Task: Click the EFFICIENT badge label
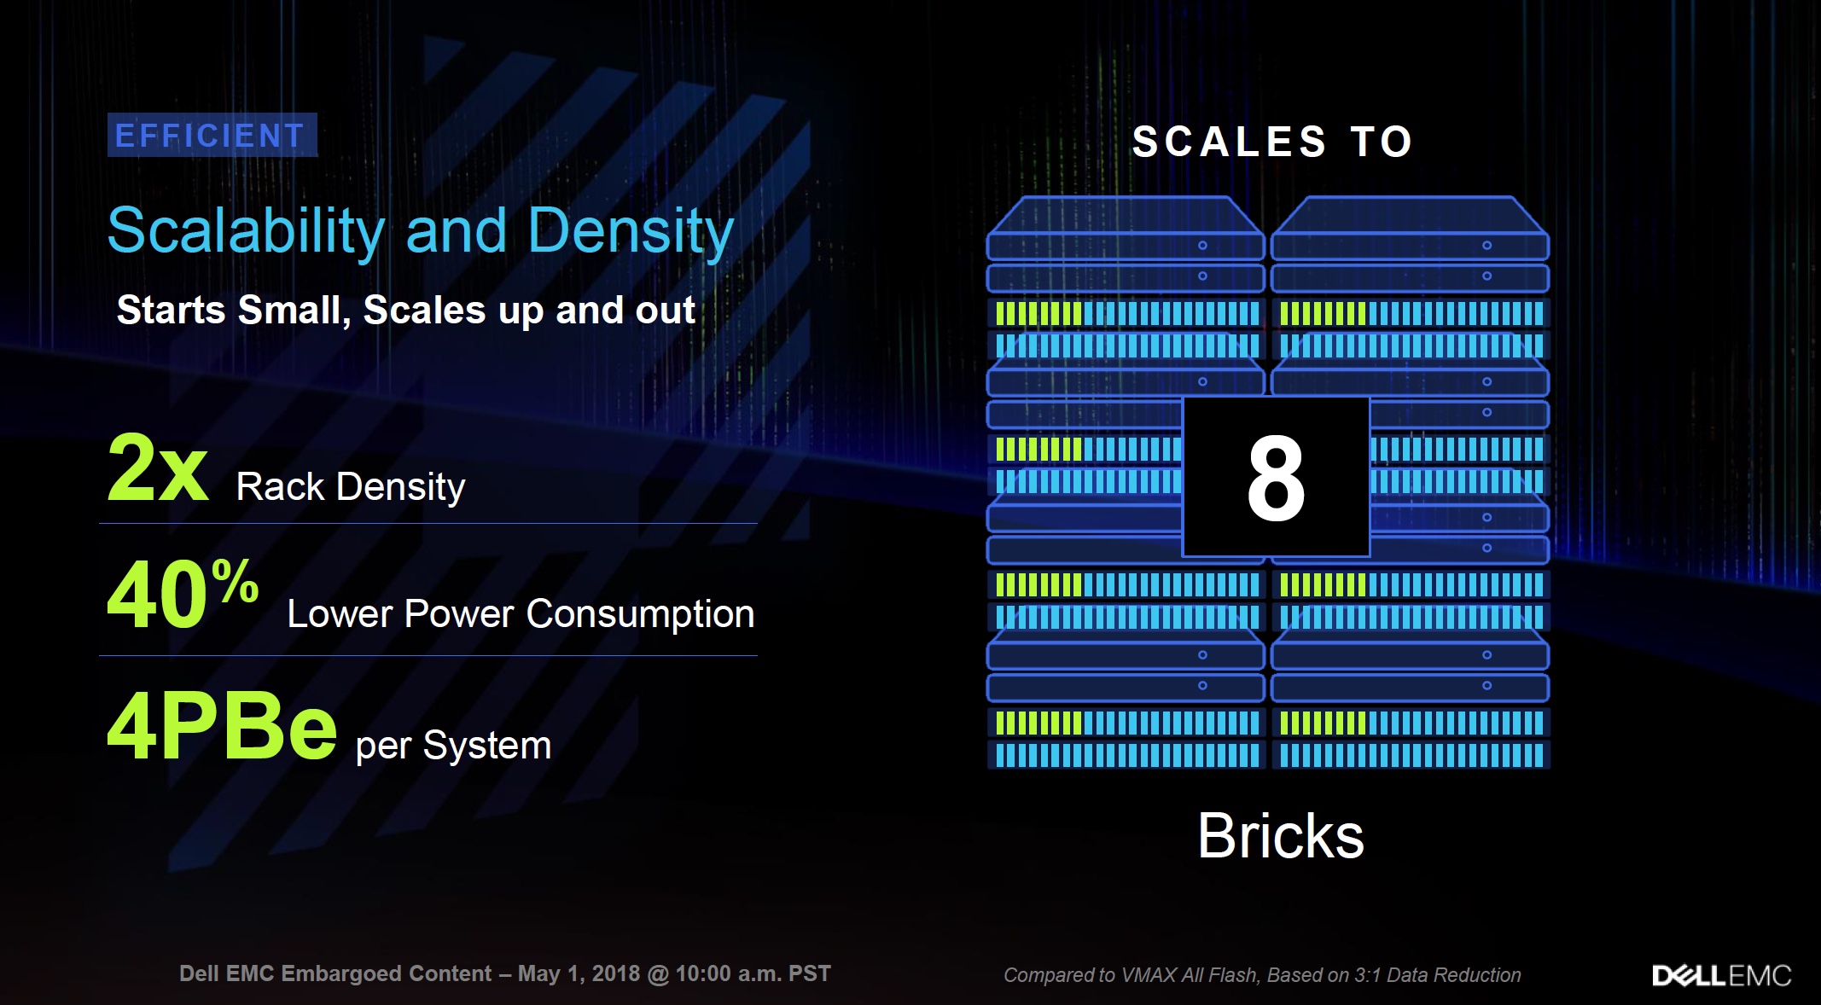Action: (x=211, y=136)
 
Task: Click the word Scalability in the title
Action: (x=246, y=231)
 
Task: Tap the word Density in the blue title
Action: (x=631, y=231)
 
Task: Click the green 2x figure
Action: (x=158, y=468)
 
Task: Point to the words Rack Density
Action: (x=351, y=487)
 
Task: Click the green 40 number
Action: (x=156, y=595)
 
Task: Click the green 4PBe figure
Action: (x=222, y=727)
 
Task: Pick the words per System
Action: (x=453, y=746)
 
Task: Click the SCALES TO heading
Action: (x=1272, y=142)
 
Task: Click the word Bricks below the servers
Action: (x=1281, y=835)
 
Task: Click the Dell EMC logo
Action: (x=1722, y=975)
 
